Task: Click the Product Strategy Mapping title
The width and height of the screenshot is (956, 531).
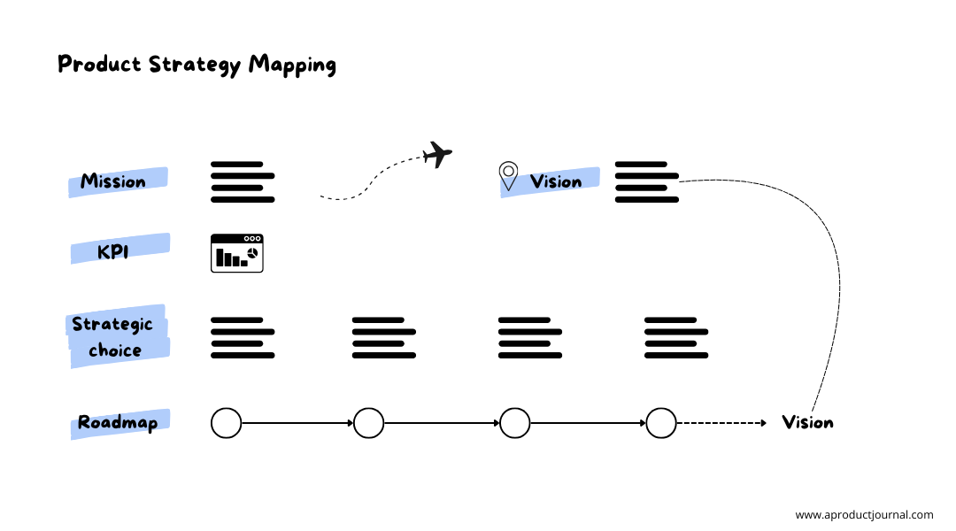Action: coord(197,65)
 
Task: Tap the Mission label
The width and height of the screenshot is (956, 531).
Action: coord(113,181)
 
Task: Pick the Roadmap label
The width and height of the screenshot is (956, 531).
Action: coord(118,423)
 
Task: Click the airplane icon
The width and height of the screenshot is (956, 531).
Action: coord(436,155)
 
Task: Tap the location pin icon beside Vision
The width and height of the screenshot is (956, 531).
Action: coord(508,175)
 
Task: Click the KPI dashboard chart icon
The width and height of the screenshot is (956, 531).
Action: coord(236,253)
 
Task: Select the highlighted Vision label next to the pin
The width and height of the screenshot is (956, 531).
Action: coord(556,181)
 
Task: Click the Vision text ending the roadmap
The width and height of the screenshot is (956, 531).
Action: coord(807,423)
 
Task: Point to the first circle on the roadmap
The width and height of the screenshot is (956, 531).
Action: coord(226,423)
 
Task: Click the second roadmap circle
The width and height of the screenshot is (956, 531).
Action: coord(368,423)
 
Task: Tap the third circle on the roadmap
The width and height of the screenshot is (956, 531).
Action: coord(514,423)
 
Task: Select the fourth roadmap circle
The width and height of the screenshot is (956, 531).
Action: coord(660,423)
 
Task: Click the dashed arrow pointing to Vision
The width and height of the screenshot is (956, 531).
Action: coord(721,423)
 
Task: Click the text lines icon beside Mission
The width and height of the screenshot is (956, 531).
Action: coord(243,181)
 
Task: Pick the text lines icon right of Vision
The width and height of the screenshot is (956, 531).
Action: coord(646,181)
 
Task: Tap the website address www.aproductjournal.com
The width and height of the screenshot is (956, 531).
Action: coord(863,515)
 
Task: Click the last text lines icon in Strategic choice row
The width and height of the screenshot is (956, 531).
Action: coord(676,337)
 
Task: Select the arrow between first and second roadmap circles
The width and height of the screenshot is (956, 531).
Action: coord(297,423)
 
